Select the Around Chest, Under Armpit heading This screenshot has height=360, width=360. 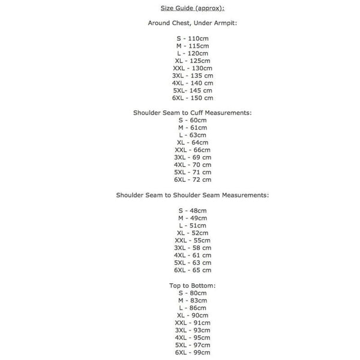(192, 23)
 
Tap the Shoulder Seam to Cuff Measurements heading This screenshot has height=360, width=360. (192, 112)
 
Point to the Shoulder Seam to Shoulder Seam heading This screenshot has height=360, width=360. (192, 195)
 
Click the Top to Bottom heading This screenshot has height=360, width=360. (192, 285)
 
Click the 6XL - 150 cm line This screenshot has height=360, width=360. (193, 98)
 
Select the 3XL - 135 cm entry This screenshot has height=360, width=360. (193, 76)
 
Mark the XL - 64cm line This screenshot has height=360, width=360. (193, 142)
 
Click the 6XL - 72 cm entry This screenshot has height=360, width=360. (193, 179)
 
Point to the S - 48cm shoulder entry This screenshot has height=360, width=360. (193, 211)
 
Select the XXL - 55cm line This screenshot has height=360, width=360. (193, 240)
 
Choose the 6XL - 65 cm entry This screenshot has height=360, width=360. (193, 270)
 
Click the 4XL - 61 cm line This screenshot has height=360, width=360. (193, 255)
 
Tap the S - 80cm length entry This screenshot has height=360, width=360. (193, 293)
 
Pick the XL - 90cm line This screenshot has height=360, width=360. (193, 315)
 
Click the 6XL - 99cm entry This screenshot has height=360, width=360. (193, 352)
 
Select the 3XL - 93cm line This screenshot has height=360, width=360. (193, 330)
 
